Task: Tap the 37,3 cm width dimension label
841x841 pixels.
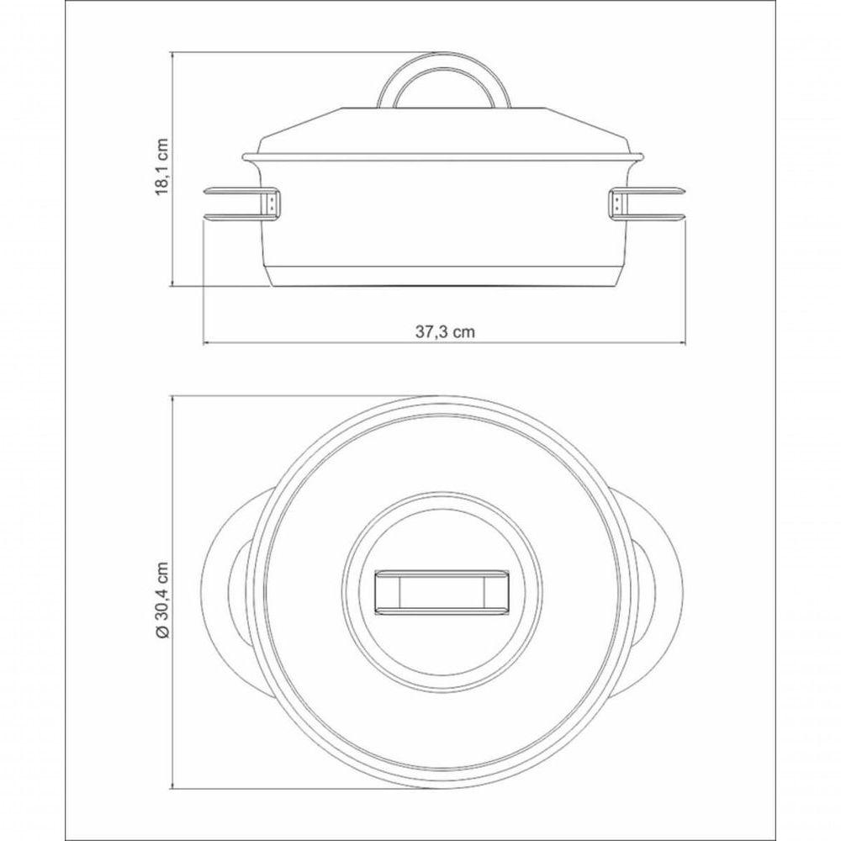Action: [x=445, y=331]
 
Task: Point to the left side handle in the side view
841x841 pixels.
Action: [x=242, y=204]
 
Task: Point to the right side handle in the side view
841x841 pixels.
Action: [x=648, y=204]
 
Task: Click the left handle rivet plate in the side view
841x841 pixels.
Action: [x=272, y=204]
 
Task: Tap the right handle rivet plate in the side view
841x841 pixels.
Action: [x=618, y=204]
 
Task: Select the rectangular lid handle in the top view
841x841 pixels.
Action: [x=442, y=591]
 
